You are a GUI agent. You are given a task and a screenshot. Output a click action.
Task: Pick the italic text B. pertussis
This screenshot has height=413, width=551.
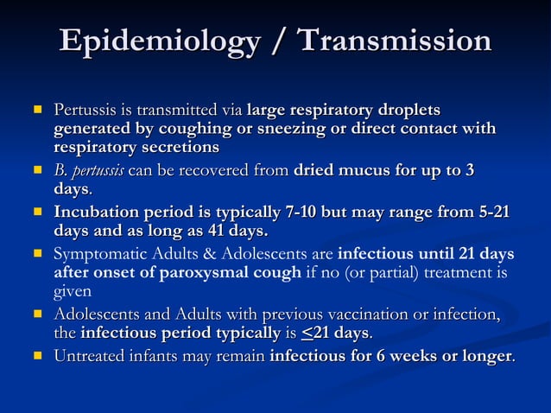pyautogui.click(x=89, y=170)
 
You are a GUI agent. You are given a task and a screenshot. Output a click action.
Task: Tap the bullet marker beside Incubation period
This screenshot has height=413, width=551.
pyautogui.click(x=37, y=213)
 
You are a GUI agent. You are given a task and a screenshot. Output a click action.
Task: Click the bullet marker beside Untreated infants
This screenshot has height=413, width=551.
pyautogui.click(x=37, y=355)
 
